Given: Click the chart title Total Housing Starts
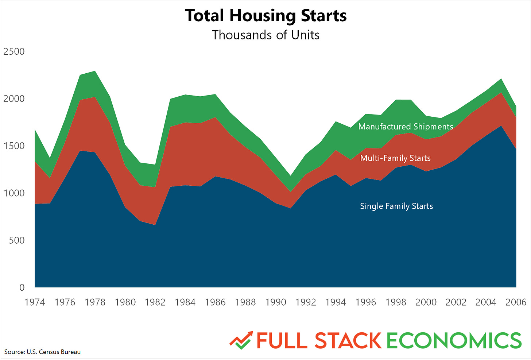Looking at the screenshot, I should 265,16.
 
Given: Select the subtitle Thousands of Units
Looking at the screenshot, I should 265,35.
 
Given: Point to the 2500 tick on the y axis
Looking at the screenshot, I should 14,51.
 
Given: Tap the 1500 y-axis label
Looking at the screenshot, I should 14,146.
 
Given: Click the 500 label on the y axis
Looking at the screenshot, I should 16,240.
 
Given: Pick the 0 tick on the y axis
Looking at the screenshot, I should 22,287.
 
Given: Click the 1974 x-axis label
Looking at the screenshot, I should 35,302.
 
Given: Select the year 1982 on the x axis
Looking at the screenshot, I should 155,302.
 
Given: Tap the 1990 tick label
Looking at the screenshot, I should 275,302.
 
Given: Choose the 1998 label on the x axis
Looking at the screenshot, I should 396,302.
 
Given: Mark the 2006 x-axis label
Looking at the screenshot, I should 516,302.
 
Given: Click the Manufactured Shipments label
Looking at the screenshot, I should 406,127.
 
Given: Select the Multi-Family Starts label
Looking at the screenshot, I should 395,158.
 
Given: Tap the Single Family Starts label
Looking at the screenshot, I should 396,206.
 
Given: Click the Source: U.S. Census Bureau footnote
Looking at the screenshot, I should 42,352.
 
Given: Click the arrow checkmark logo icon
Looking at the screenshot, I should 241,340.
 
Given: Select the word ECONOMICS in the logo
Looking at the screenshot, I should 454,340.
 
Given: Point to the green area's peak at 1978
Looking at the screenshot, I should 95,71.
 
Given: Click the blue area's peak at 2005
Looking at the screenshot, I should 501,126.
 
